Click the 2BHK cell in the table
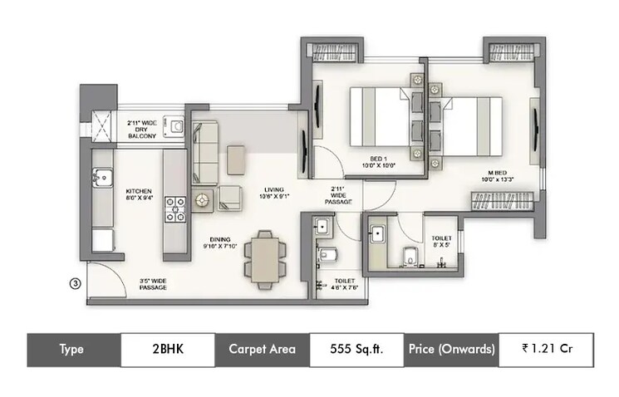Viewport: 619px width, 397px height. click(x=168, y=350)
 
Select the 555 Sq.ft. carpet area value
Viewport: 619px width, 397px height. click(x=357, y=350)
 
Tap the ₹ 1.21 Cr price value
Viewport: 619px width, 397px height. click(x=546, y=350)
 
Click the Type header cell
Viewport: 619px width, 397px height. click(x=72, y=350)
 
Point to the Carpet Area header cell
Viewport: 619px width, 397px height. click(x=263, y=350)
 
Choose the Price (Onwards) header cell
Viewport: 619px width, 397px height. click(x=451, y=350)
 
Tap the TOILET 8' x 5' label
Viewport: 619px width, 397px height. click(x=441, y=242)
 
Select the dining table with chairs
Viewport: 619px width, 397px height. click(x=263, y=255)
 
